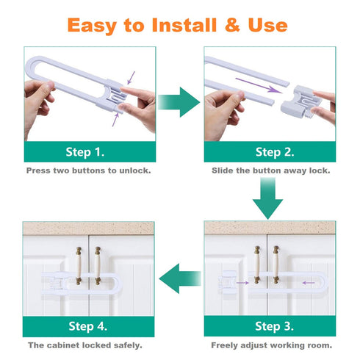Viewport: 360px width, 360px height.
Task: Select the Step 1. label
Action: (86, 152)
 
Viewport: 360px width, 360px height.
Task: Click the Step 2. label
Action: (273, 152)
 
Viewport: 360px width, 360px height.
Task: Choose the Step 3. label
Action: (273, 325)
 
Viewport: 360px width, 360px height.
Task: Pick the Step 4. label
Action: (86, 325)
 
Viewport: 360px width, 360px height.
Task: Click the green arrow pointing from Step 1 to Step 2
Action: (179, 101)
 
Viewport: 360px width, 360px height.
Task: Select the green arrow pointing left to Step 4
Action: (180, 278)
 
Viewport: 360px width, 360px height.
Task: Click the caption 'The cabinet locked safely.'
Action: (85, 345)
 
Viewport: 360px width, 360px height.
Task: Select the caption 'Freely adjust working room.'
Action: (271, 345)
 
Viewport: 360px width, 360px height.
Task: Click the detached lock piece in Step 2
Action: (292, 103)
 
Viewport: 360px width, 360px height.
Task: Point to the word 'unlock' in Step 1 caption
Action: (134, 170)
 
